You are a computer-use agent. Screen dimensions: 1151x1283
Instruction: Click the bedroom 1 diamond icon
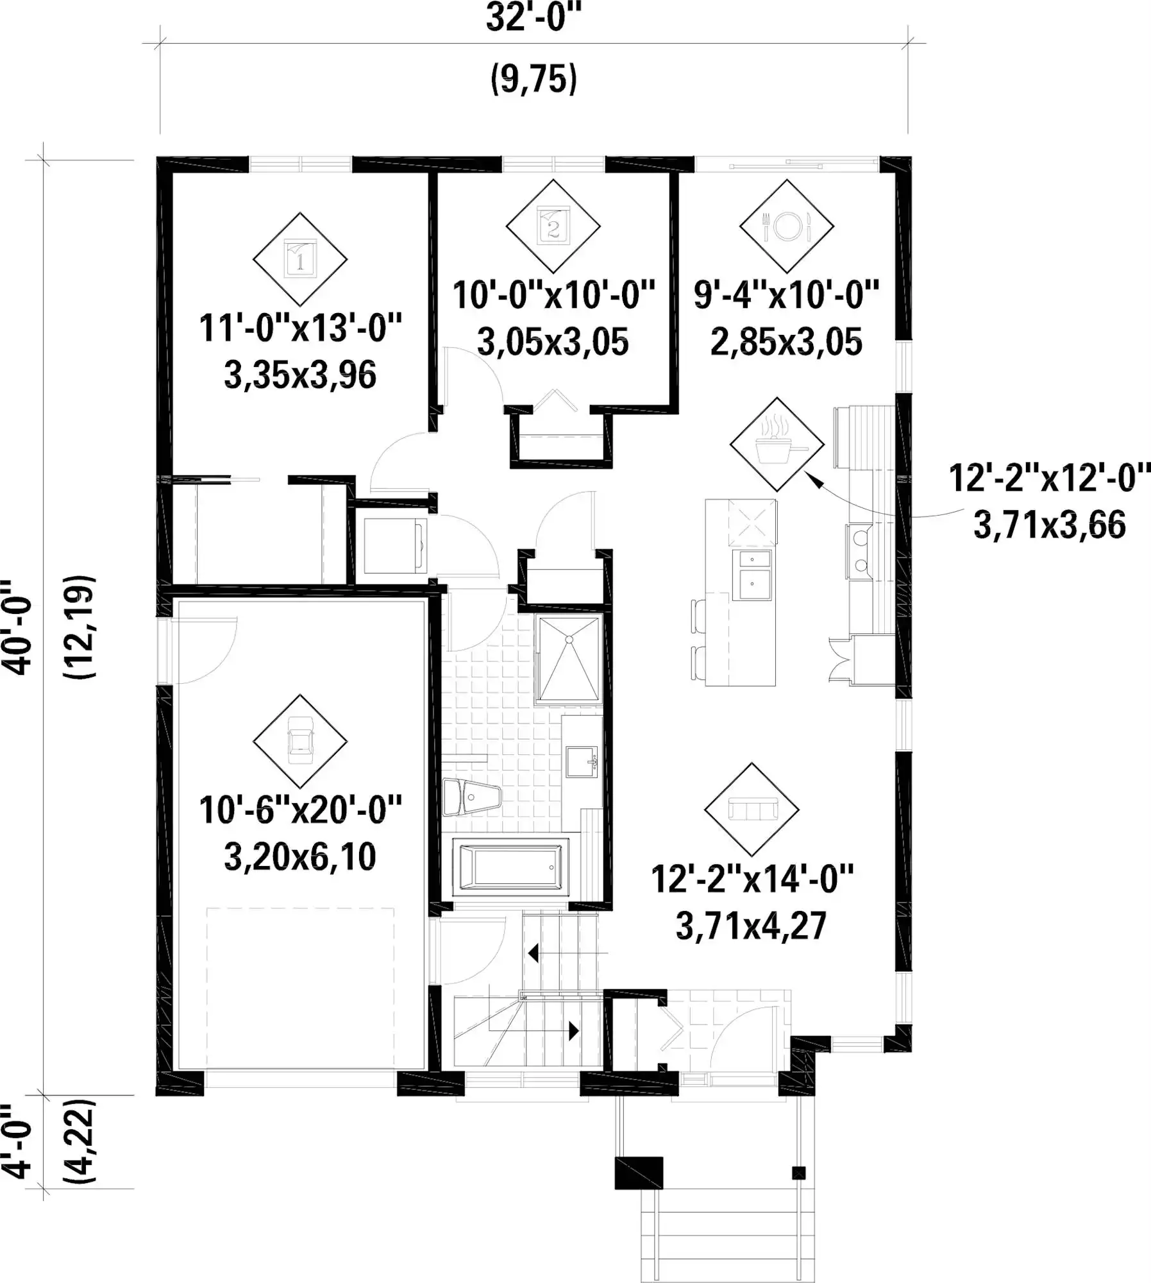pyautogui.click(x=300, y=259)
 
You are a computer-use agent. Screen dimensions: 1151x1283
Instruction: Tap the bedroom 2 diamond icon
pyautogui.click(x=553, y=226)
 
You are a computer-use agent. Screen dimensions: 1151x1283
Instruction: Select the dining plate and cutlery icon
pyautogui.click(x=787, y=226)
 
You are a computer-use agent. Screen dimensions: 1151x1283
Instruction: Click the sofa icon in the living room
pyautogui.click(x=752, y=810)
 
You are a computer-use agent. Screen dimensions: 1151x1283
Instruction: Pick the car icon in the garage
pyautogui.click(x=300, y=741)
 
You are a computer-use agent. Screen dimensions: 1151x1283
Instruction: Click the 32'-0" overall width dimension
pyautogui.click(x=533, y=17)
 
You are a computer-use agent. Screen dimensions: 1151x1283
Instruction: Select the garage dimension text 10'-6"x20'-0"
pyautogui.click(x=300, y=810)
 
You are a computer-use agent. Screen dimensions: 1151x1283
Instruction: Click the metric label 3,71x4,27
pyautogui.click(x=752, y=926)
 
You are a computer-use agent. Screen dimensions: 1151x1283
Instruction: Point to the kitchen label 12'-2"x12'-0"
pyautogui.click(x=1050, y=478)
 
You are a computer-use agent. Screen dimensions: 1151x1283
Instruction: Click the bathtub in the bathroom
pyautogui.click(x=510, y=867)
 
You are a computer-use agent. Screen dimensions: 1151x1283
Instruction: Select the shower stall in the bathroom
pyautogui.click(x=569, y=659)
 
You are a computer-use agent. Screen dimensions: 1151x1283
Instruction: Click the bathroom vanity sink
pyautogui.click(x=582, y=761)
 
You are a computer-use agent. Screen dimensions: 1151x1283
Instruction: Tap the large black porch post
pyautogui.click(x=639, y=1173)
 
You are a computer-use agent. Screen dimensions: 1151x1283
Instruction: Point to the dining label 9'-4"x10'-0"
pyautogui.click(x=786, y=294)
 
